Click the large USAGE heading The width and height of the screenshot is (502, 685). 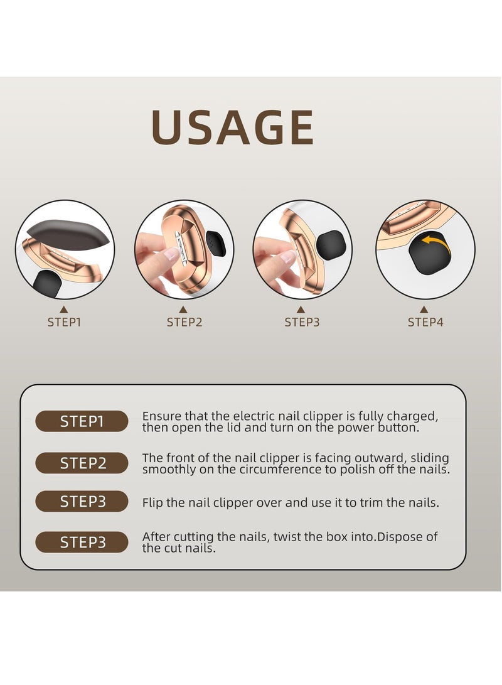[232, 127]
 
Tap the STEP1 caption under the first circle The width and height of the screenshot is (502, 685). [64, 323]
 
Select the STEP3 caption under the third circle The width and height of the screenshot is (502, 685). [302, 323]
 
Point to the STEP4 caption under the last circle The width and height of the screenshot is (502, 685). [425, 323]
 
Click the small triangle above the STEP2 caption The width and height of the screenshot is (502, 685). [183, 309]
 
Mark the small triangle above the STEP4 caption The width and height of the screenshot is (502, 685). [424, 309]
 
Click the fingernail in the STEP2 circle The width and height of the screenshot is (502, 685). [170, 253]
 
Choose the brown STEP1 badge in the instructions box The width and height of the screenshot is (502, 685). [82, 421]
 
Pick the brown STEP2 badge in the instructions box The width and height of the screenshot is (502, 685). [82, 463]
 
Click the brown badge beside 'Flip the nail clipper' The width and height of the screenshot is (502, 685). [82, 502]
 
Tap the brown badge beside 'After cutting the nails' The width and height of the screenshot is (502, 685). [82, 542]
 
